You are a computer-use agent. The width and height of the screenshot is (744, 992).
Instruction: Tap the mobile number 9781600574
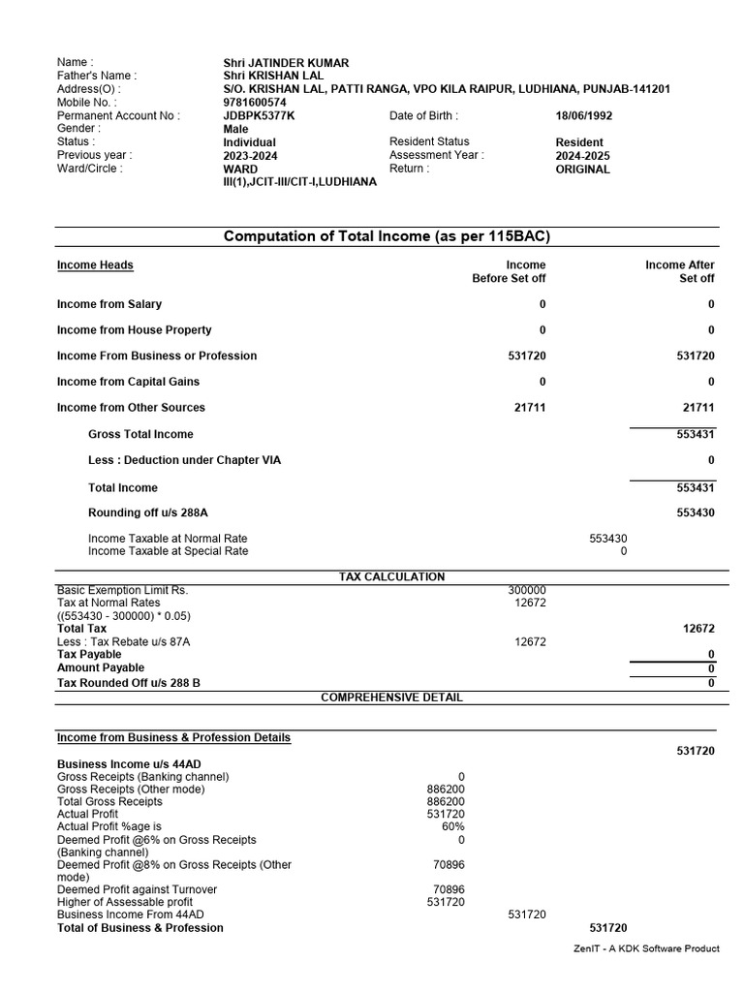(x=255, y=102)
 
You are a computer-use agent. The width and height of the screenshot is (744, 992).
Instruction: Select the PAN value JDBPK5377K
(x=259, y=115)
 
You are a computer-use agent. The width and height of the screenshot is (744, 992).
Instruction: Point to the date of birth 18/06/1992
(x=583, y=115)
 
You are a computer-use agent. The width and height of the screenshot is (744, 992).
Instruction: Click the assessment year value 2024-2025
(x=583, y=155)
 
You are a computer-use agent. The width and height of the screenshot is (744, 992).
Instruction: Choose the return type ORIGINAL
(x=582, y=169)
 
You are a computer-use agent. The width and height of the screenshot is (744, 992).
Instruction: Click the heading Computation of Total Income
(x=387, y=236)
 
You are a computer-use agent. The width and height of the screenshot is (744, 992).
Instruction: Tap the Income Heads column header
(x=95, y=264)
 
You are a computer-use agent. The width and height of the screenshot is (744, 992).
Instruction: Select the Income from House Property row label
(x=134, y=329)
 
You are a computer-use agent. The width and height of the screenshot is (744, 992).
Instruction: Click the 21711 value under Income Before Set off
(x=530, y=408)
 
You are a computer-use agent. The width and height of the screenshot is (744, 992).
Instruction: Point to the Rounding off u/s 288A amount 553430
(x=696, y=512)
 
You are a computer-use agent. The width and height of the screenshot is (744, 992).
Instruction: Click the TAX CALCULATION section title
(x=391, y=576)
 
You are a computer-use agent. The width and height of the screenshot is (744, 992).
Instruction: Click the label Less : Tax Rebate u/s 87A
(x=124, y=641)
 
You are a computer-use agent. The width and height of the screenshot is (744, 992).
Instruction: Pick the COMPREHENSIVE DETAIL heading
(x=391, y=697)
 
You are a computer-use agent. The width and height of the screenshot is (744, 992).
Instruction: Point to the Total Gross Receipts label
(x=109, y=801)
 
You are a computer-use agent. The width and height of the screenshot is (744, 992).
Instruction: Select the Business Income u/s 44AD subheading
(x=129, y=763)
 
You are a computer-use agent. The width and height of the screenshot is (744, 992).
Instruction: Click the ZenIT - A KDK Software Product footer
(x=647, y=948)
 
